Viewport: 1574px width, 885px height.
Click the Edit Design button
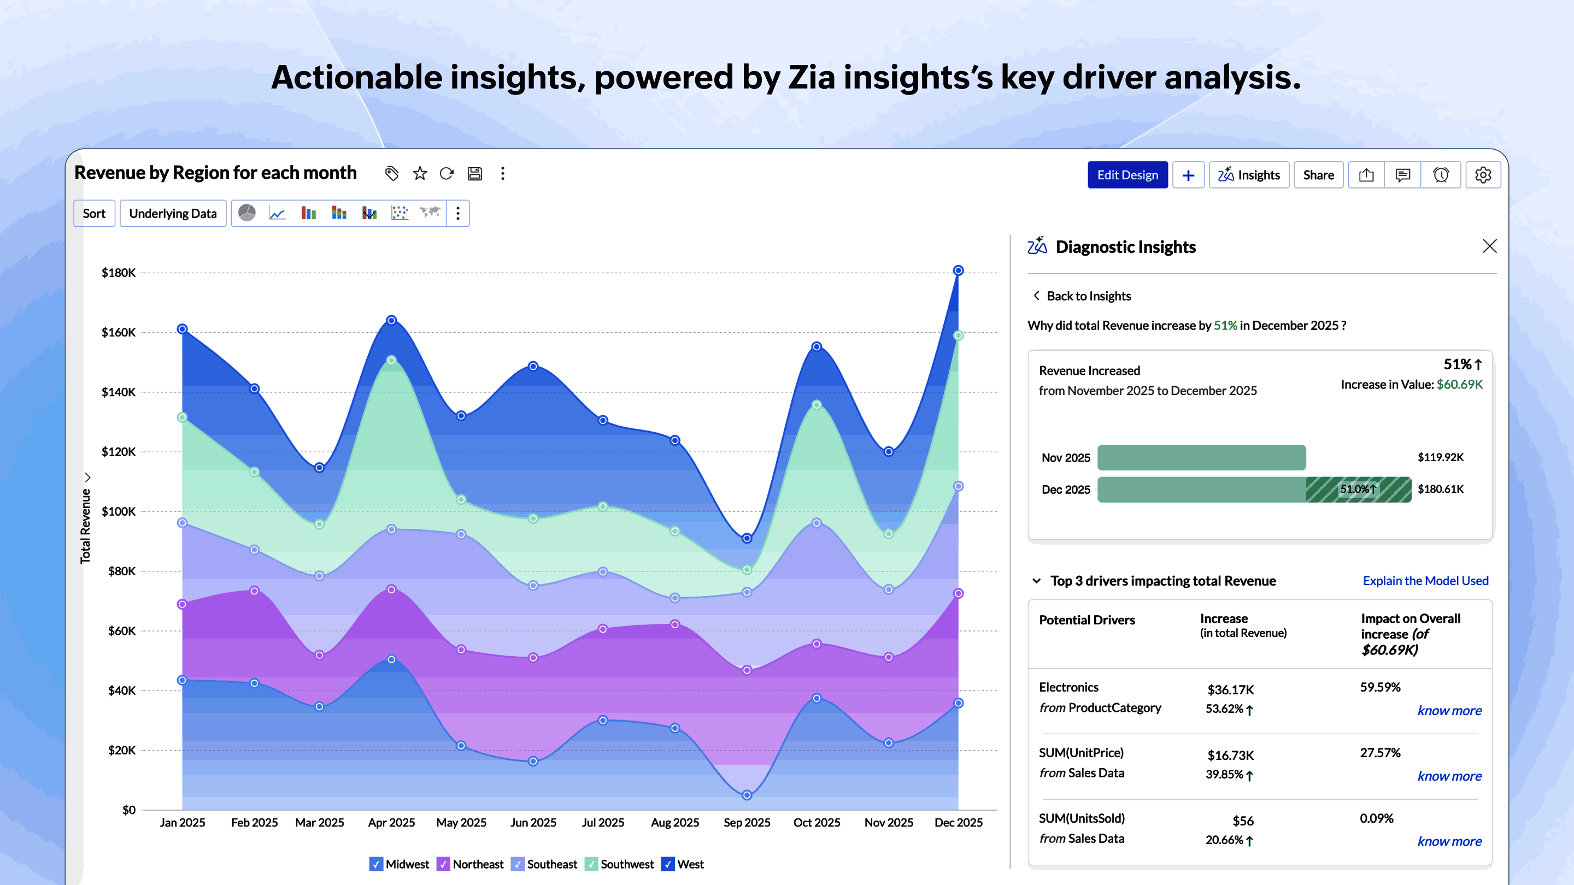coord(1127,175)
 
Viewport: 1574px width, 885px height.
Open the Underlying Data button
coord(173,214)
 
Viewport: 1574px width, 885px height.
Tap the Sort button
coord(94,214)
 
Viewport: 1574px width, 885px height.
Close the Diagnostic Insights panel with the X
coord(1490,246)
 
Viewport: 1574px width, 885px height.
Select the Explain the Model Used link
coord(1425,581)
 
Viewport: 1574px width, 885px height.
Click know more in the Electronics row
coord(1449,710)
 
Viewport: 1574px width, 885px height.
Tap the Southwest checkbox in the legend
coord(591,864)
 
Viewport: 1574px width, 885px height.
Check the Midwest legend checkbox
coord(377,864)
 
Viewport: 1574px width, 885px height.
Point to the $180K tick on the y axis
coord(119,273)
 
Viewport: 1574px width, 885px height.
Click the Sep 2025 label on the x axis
coord(747,823)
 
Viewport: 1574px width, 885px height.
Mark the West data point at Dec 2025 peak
coord(958,270)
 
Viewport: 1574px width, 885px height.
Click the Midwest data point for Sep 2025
coord(747,795)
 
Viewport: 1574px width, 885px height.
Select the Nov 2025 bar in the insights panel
coord(1201,457)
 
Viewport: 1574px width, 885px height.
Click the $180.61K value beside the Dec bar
coord(1440,489)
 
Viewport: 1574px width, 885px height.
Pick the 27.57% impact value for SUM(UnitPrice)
coord(1379,753)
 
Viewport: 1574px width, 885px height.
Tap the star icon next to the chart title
coord(420,174)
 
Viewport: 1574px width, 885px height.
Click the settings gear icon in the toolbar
coord(1483,175)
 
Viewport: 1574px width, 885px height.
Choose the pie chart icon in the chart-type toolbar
coord(247,213)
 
